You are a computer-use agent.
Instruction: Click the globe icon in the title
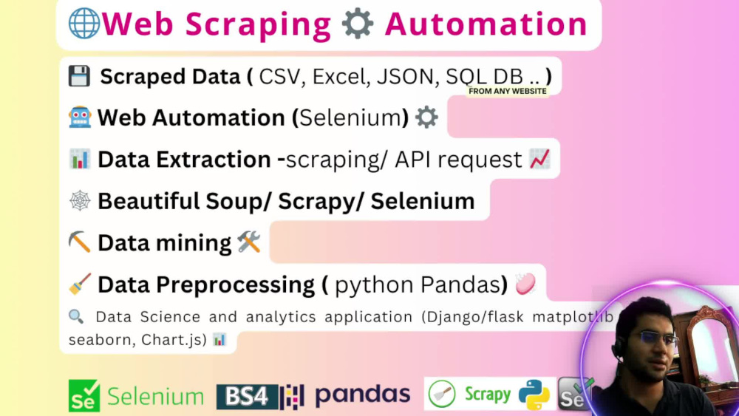point(84,24)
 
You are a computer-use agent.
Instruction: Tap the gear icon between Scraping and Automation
point(358,24)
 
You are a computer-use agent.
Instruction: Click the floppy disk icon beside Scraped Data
point(79,76)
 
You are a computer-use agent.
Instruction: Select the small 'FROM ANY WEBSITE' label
point(508,92)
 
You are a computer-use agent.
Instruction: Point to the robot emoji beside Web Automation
point(79,117)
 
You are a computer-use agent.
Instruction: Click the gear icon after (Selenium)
point(426,117)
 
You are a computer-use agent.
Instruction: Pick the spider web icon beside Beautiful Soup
point(79,201)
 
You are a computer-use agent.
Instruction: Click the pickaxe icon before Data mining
point(79,242)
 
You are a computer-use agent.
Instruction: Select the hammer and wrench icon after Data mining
point(249,242)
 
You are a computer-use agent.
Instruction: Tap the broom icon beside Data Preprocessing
point(79,284)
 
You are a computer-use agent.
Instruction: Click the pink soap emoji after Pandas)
point(525,284)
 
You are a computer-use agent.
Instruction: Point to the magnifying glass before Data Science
point(75,316)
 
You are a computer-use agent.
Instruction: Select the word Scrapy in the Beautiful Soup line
point(321,201)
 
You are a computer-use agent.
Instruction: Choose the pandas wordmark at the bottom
point(362,395)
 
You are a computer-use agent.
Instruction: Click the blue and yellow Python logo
point(534,395)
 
